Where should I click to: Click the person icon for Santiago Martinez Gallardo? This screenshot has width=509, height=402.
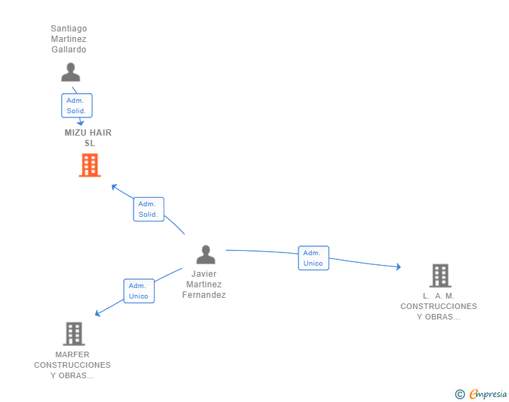(71, 72)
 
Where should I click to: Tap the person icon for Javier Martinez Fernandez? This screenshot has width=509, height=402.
(206, 254)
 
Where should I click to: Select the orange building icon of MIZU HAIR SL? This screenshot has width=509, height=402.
(89, 165)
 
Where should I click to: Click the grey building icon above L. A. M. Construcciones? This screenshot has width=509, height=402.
(440, 275)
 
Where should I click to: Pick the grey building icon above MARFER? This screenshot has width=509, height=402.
(74, 333)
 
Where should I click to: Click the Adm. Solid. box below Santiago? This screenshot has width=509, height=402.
(77, 106)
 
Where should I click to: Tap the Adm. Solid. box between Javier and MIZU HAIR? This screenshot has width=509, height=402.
(149, 209)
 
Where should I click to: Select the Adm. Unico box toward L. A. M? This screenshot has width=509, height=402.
(313, 258)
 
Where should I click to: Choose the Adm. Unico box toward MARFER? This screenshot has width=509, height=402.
(139, 291)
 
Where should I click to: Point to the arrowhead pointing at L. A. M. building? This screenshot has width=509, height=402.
(399, 266)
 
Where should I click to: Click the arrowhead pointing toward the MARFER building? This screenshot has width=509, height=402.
(97, 313)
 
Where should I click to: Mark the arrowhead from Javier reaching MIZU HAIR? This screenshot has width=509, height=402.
(114, 187)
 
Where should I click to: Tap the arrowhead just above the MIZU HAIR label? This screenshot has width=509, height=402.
(80, 123)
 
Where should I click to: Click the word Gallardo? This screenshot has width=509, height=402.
(69, 50)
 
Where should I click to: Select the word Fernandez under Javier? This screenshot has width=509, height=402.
(204, 295)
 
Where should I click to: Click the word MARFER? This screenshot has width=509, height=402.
(73, 354)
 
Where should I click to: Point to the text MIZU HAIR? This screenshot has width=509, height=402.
(88, 132)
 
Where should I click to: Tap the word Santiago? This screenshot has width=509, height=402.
(69, 29)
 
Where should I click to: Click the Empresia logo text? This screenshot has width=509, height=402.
(488, 394)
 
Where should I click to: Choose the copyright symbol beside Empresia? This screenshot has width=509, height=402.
(460, 394)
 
